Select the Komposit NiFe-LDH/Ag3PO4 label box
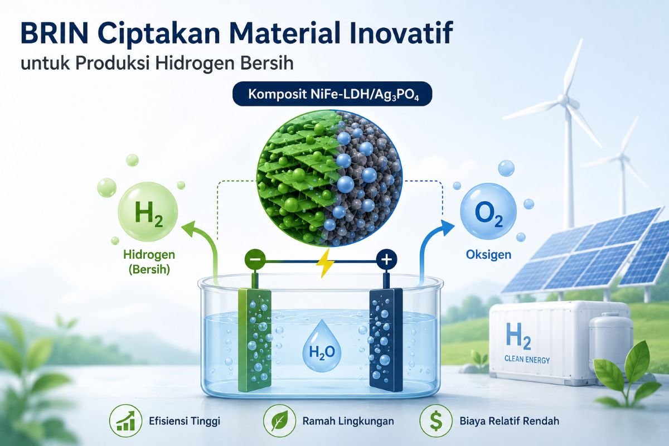[332, 94]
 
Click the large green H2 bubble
[148, 212]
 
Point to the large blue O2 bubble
[488, 212]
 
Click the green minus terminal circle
[255, 259]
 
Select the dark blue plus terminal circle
[387, 260]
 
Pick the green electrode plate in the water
[254, 340]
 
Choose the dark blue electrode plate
[386, 340]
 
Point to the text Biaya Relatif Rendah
[509, 421]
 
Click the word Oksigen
[488, 255]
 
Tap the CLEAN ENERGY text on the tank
[527, 360]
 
